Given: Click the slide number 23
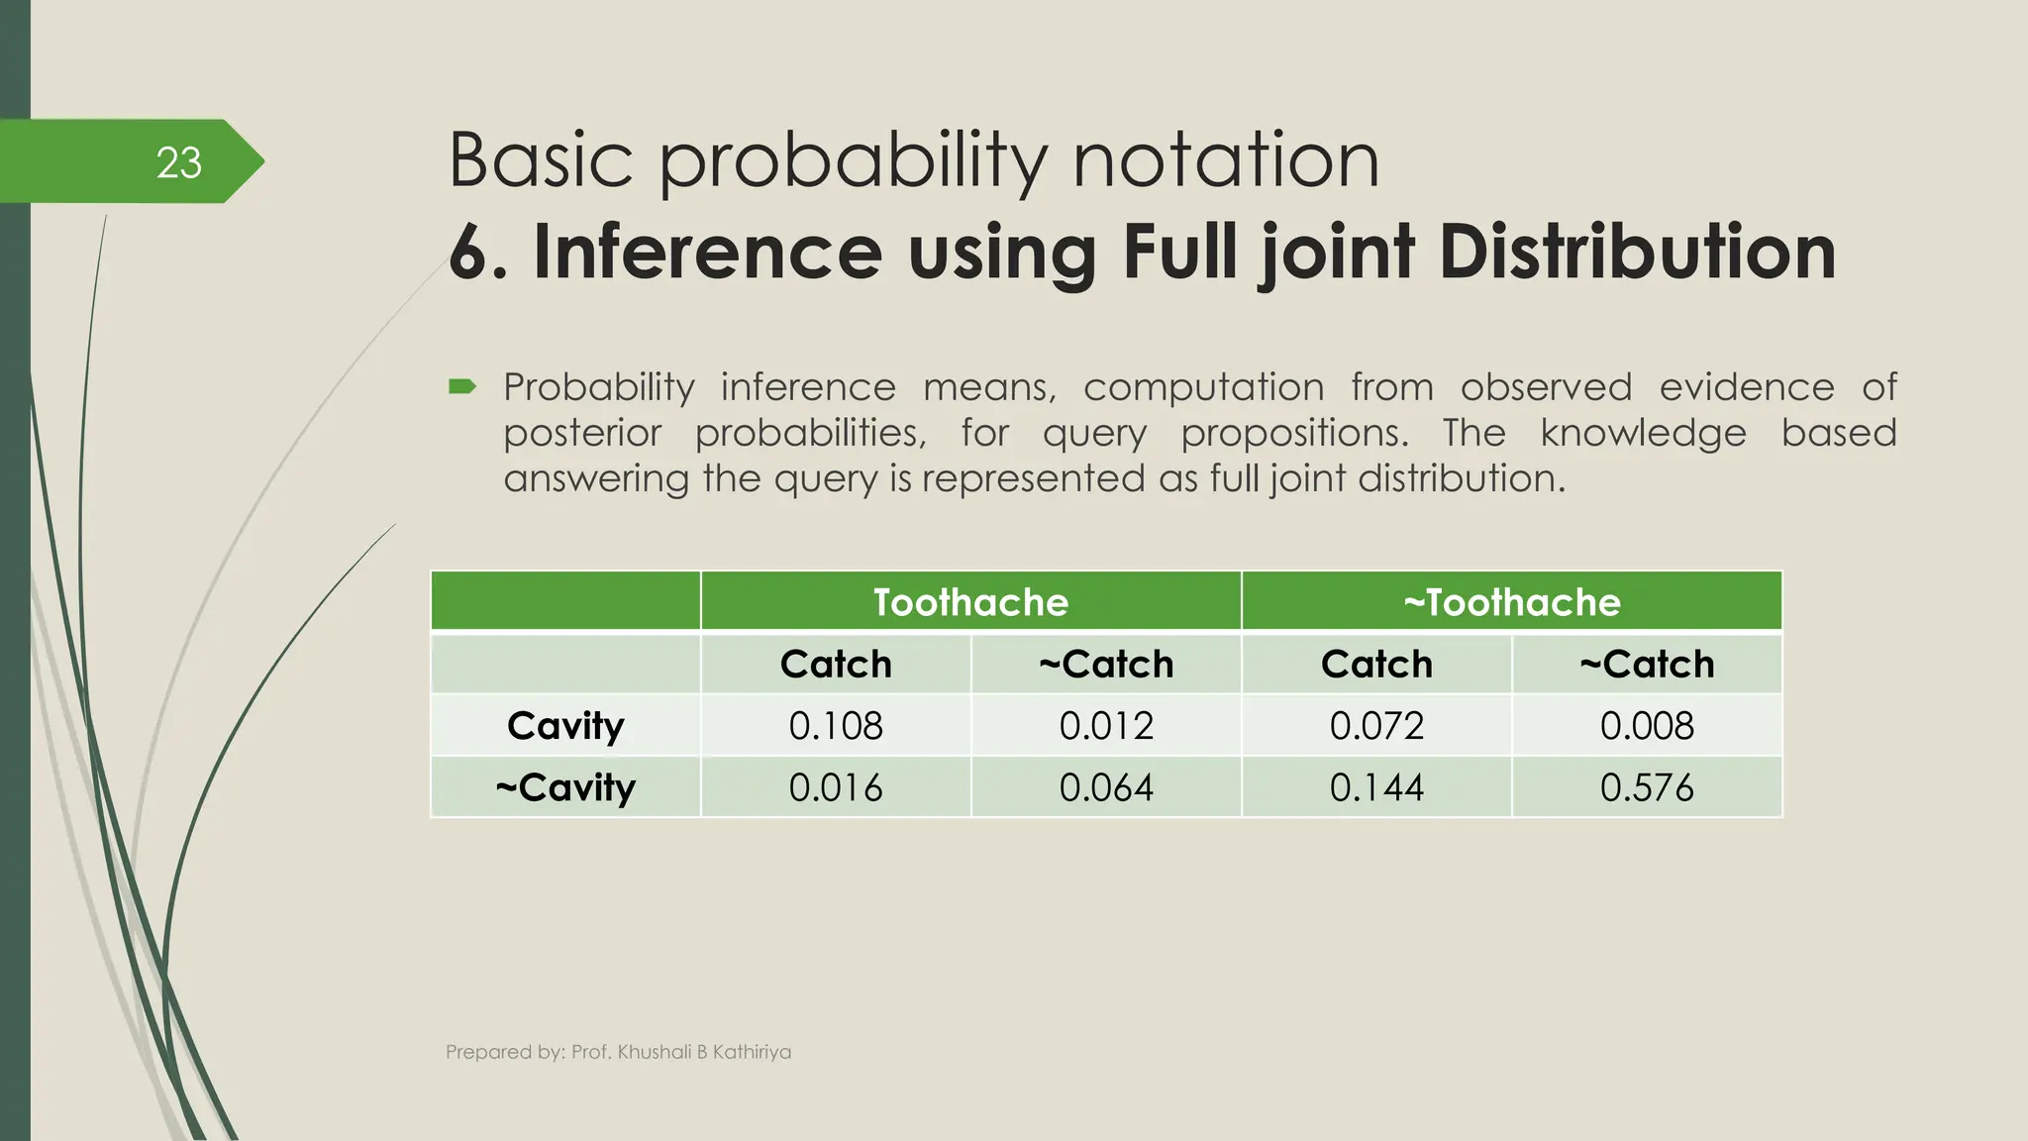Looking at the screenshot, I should pos(178,162).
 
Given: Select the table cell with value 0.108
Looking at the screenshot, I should pos(835,726).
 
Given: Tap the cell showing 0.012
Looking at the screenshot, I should pos(1105,726).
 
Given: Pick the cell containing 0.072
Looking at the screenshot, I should pos(1376,726).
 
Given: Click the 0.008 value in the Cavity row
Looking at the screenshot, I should pos(1646,726).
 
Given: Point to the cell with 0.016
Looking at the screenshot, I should pos(835,787).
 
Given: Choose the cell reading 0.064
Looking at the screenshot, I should pos(1105,787).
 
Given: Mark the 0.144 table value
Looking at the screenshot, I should pos(1376,787).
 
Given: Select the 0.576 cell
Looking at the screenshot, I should pos(1646,787).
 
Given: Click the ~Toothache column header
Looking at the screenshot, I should pos(1511,602).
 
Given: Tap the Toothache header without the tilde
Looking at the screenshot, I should pos(970,602).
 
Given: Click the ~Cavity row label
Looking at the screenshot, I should pos(565,788).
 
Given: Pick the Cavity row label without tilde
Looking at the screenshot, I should pos(565,726).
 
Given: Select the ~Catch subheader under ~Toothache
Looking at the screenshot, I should pos(1646,664).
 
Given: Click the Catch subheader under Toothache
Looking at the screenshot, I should pos(835,664).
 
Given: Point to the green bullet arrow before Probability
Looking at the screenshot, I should pos(462,386).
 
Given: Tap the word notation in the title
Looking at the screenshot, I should pos(1226,160).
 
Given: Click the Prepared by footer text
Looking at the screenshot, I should pos(618,1052).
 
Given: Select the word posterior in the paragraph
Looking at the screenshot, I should pos(581,433).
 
